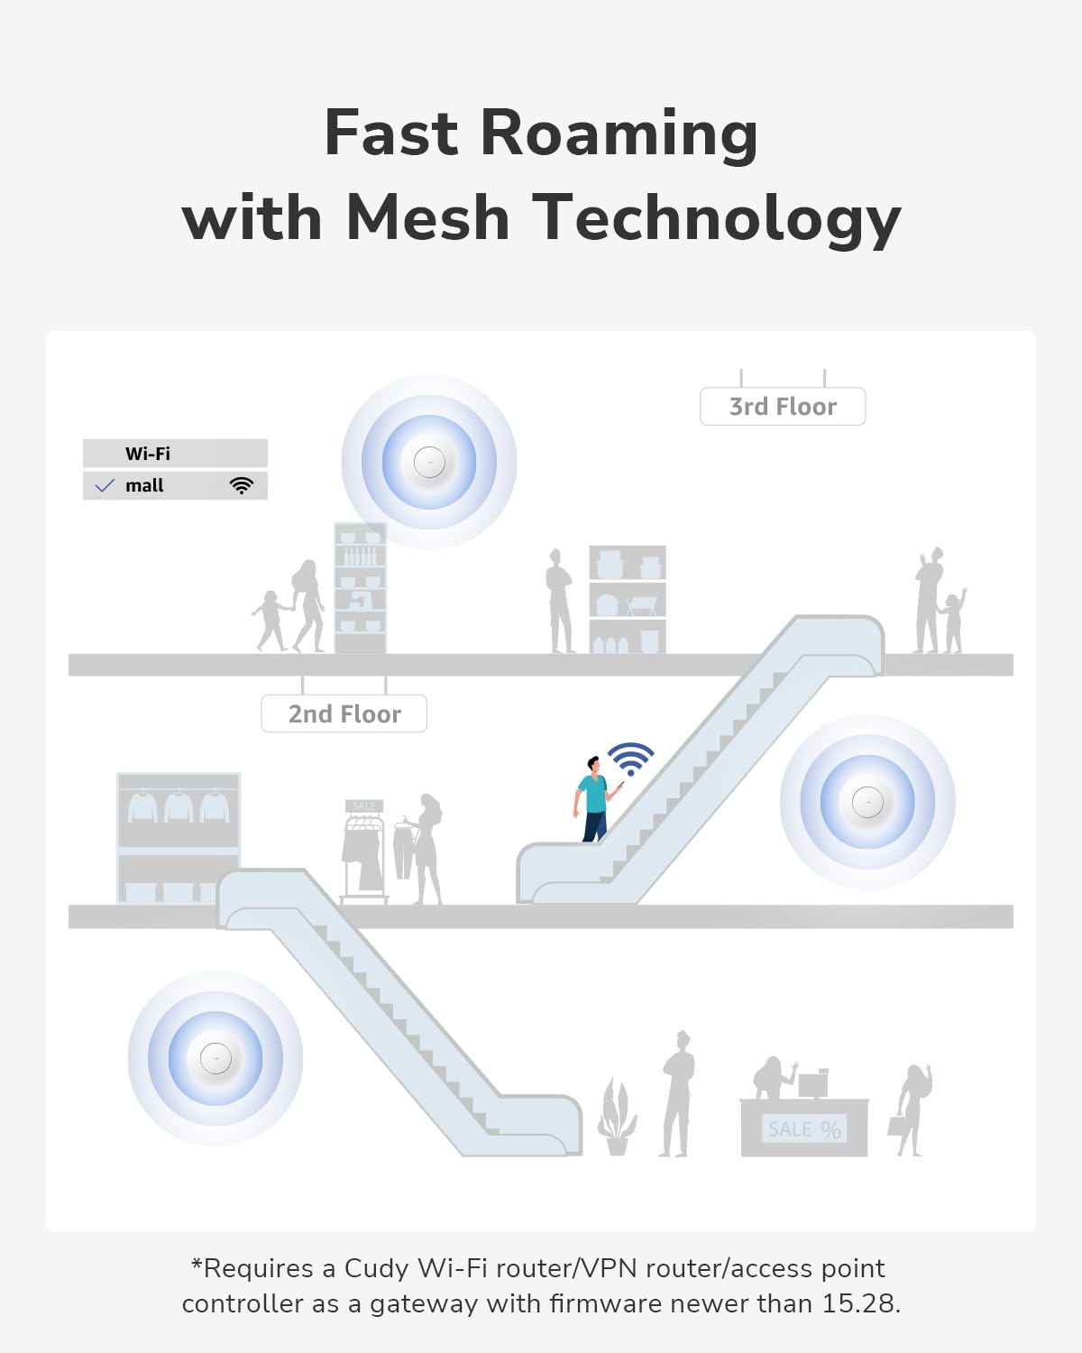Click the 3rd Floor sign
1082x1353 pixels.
[x=783, y=406]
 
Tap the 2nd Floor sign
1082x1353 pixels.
[x=344, y=713]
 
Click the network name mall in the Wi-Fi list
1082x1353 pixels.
[x=144, y=485]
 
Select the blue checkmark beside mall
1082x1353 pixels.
[x=105, y=485]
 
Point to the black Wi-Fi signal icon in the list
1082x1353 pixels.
[x=242, y=485]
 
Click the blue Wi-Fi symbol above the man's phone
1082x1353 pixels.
[x=630, y=759]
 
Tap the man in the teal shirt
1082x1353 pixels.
[x=595, y=799]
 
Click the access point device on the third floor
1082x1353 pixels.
[x=429, y=462]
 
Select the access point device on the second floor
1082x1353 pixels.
[x=867, y=802]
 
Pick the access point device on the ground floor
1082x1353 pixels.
[x=215, y=1059]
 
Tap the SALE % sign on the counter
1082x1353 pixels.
[x=804, y=1129]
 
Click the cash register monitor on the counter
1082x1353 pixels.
[x=813, y=1084]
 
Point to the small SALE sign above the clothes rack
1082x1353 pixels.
[x=364, y=806]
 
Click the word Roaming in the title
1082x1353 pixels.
[x=619, y=135]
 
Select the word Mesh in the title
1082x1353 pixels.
[x=427, y=217]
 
